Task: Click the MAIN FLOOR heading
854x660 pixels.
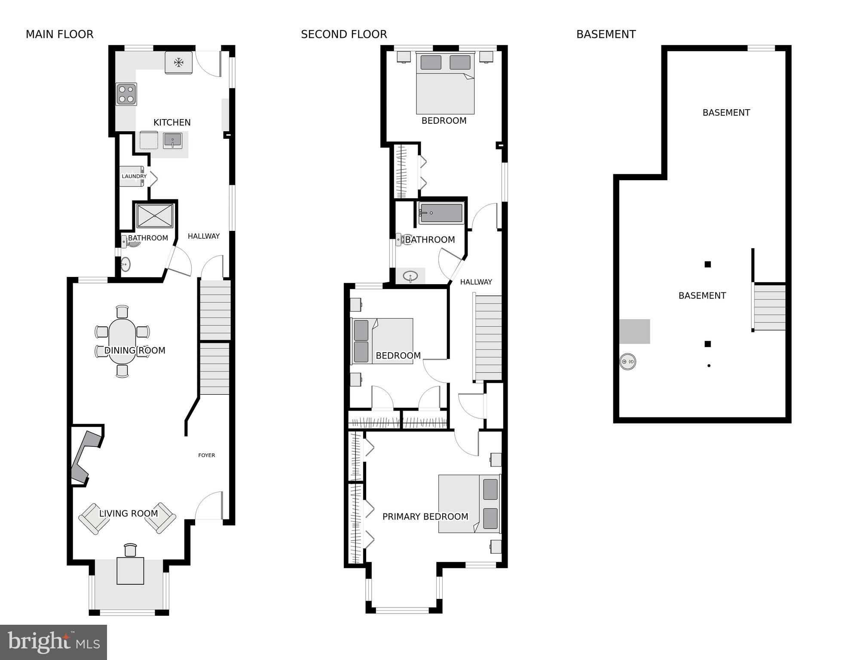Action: (59, 34)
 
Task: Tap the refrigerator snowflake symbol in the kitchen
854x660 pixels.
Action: (178, 63)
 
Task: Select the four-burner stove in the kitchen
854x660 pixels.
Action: (126, 94)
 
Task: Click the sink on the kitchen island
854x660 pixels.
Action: (172, 141)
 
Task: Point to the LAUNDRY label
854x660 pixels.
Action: (134, 176)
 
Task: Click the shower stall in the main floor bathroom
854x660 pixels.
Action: (155, 215)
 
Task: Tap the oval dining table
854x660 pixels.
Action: (122, 341)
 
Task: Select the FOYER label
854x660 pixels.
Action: (206, 455)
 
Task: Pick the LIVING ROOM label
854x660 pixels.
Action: (129, 513)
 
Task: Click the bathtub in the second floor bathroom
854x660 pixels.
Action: (441, 213)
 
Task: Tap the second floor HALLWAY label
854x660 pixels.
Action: (476, 282)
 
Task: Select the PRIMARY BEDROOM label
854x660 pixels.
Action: (425, 517)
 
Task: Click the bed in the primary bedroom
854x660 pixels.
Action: (469, 503)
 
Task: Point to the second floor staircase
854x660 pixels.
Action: (488, 338)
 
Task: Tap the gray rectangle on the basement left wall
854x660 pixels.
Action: (634, 332)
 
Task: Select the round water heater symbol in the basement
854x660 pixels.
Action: (627, 362)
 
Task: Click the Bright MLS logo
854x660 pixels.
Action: (53, 642)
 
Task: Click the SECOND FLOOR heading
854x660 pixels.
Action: (344, 34)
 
